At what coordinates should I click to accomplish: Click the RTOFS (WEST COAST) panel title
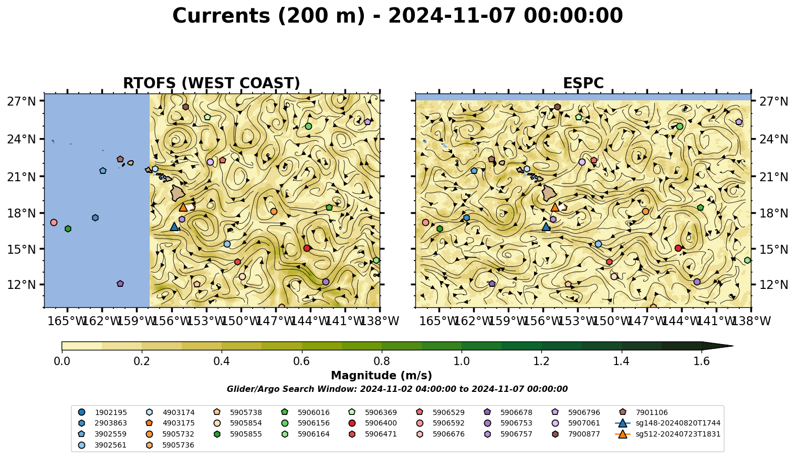click(x=212, y=83)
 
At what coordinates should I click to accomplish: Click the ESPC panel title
click(x=583, y=83)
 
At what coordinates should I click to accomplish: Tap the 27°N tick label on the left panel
click(x=22, y=101)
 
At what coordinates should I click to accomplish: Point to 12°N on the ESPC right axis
click(x=773, y=285)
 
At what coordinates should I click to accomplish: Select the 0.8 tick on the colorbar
click(x=382, y=361)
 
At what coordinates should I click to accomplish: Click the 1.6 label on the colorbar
click(x=702, y=361)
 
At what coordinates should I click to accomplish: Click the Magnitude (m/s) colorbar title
click(x=382, y=376)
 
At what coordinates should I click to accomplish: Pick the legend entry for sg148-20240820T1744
click(x=668, y=423)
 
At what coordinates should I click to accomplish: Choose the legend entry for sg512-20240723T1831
click(x=668, y=434)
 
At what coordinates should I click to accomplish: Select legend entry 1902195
click(x=102, y=412)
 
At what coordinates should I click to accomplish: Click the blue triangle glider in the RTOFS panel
click(x=174, y=226)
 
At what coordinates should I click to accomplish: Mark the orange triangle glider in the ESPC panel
click(x=555, y=207)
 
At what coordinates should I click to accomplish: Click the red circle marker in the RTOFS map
click(x=307, y=248)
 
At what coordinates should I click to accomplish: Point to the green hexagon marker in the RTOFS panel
click(x=68, y=229)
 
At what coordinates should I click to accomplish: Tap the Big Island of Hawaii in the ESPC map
click(x=549, y=193)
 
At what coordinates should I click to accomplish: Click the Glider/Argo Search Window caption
click(x=397, y=389)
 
